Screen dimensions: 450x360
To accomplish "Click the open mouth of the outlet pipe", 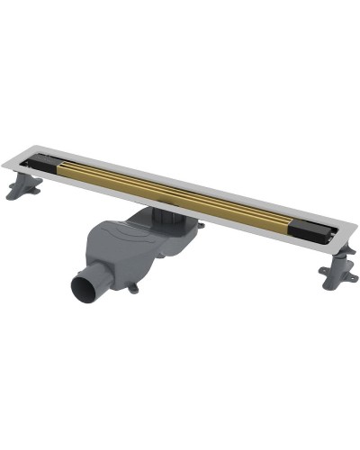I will [85, 290].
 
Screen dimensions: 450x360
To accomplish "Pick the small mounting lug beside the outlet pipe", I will [133, 288].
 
